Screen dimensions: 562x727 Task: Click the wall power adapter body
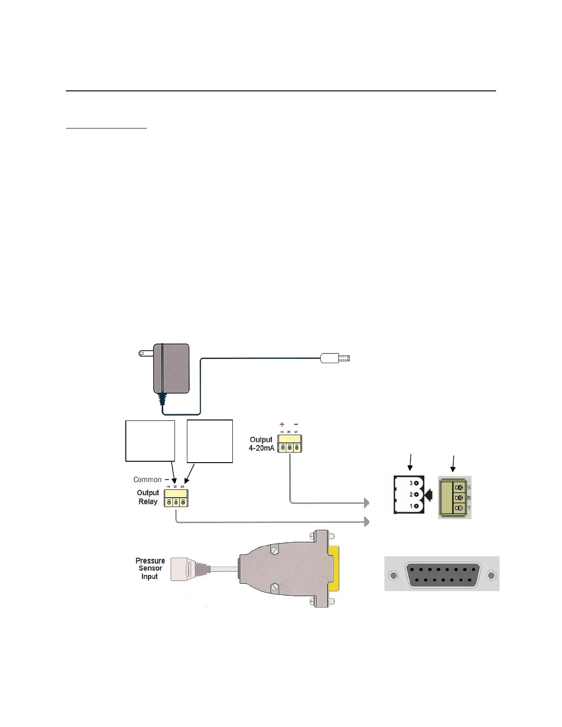pyautogui.click(x=171, y=368)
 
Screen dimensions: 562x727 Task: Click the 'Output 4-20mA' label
pyautogui.click(x=261, y=444)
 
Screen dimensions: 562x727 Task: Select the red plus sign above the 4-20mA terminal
pyautogui.click(x=282, y=425)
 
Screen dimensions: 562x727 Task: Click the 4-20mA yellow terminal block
pyautogui.click(x=290, y=444)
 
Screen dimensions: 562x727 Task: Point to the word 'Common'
pyautogui.click(x=147, y=480)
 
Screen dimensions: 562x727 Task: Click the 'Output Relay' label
pyautogui.click(x=148, y=497)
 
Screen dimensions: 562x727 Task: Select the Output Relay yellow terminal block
pyautogui.click(x=176, y=498)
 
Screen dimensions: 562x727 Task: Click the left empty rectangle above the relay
pyautogui.click(x=150, y=441)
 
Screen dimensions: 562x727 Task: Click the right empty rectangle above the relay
pyautogui.click(x=210, y=441)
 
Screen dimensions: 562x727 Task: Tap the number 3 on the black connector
pyautogui.click(x=411, y=483)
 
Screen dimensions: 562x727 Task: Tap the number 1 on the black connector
pyautogui.click(x=411, y=506)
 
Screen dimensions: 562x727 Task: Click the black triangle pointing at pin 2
pyautogui.click(x=429, y=495)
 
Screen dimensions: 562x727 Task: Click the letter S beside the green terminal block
pyautogui.click(x=469, y=487)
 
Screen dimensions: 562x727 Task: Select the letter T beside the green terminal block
pyautogui.click(x=469, y=509)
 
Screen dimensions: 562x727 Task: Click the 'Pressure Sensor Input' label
pyautogui.click(x=150, y=569)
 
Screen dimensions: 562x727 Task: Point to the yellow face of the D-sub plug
pyautogui.click(x=335, y=569)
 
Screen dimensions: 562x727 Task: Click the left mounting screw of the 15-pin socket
pyautogui.click(x=393, y=575)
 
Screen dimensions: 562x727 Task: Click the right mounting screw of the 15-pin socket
pyautogui.click(x=491, y=575)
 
